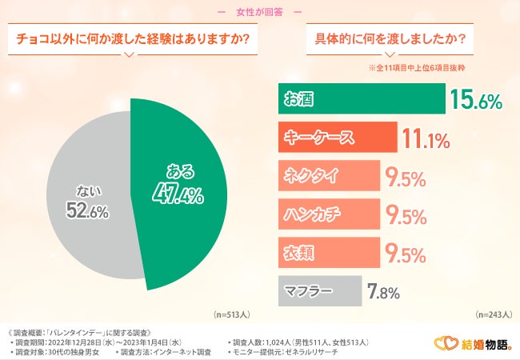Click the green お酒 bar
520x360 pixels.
[361, 99]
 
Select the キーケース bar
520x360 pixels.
[337, 137]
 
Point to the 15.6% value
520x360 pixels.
[476, 100]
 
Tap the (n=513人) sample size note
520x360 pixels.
[232, 315]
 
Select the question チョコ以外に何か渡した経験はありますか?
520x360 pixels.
[128, 39]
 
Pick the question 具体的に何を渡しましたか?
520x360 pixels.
[391, 39]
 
